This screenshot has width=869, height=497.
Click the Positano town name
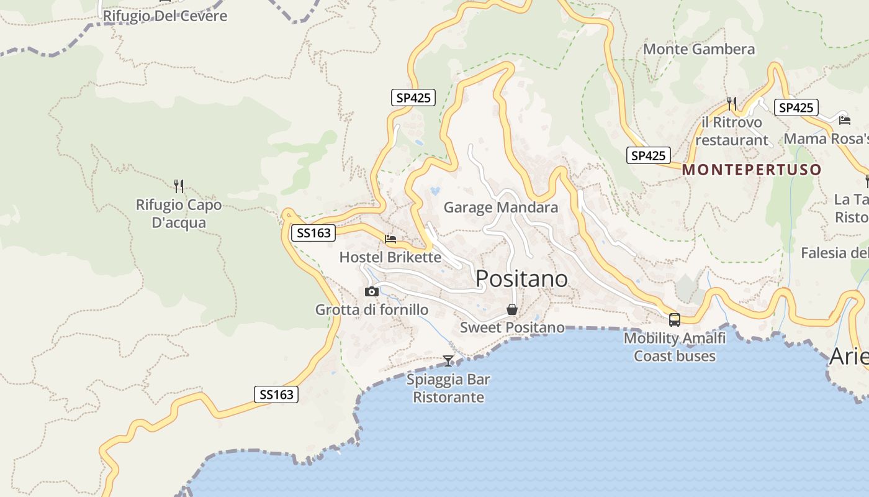[521, 279]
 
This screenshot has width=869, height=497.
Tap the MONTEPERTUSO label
[752, 170]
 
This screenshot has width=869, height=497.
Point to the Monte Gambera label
[699, 49]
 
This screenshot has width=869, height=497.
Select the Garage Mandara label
[501, 207]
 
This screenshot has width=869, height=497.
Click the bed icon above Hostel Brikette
[390, 239]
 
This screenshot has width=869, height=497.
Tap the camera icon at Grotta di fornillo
[372, 291]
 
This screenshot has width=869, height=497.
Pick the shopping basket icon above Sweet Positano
[512, 309]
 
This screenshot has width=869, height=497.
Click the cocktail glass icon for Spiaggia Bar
[448, 360]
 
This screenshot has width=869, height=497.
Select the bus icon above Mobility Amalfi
[674, 320]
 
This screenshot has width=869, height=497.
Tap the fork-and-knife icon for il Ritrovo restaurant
[732, 103]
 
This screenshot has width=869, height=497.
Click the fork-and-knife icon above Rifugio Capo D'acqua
[179, 186]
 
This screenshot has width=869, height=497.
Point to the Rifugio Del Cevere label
[165, 16]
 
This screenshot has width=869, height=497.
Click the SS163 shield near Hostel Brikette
[313, 233]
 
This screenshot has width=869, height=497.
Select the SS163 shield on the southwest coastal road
[276, 394]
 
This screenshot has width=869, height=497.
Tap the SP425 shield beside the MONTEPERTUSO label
[649, 155]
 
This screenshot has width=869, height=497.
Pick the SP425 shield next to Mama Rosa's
[796, 107]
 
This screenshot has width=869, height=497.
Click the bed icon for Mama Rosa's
[844, 120]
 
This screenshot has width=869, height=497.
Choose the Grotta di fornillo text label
[372, 309]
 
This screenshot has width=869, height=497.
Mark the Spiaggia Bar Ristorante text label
[448, 388]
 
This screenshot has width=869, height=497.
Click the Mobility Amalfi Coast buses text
[674, 347]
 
